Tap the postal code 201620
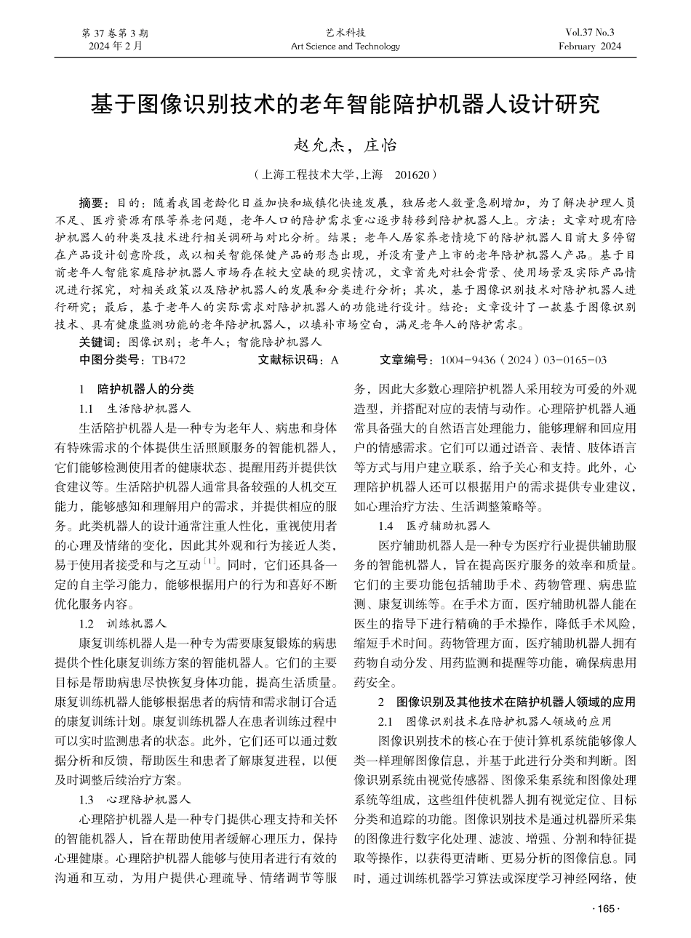(x=413, y=175)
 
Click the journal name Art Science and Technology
(x=345, y=47)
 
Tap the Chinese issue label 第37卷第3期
(x=116, y=33)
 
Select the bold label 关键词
(x=98, y=341)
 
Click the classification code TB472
(x=169, y=360)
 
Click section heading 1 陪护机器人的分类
(x=137, y=388)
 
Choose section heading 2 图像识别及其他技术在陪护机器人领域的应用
(x=507, y=702)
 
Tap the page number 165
(x=605, y=908)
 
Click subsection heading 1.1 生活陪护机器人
(x=135, y=408)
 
